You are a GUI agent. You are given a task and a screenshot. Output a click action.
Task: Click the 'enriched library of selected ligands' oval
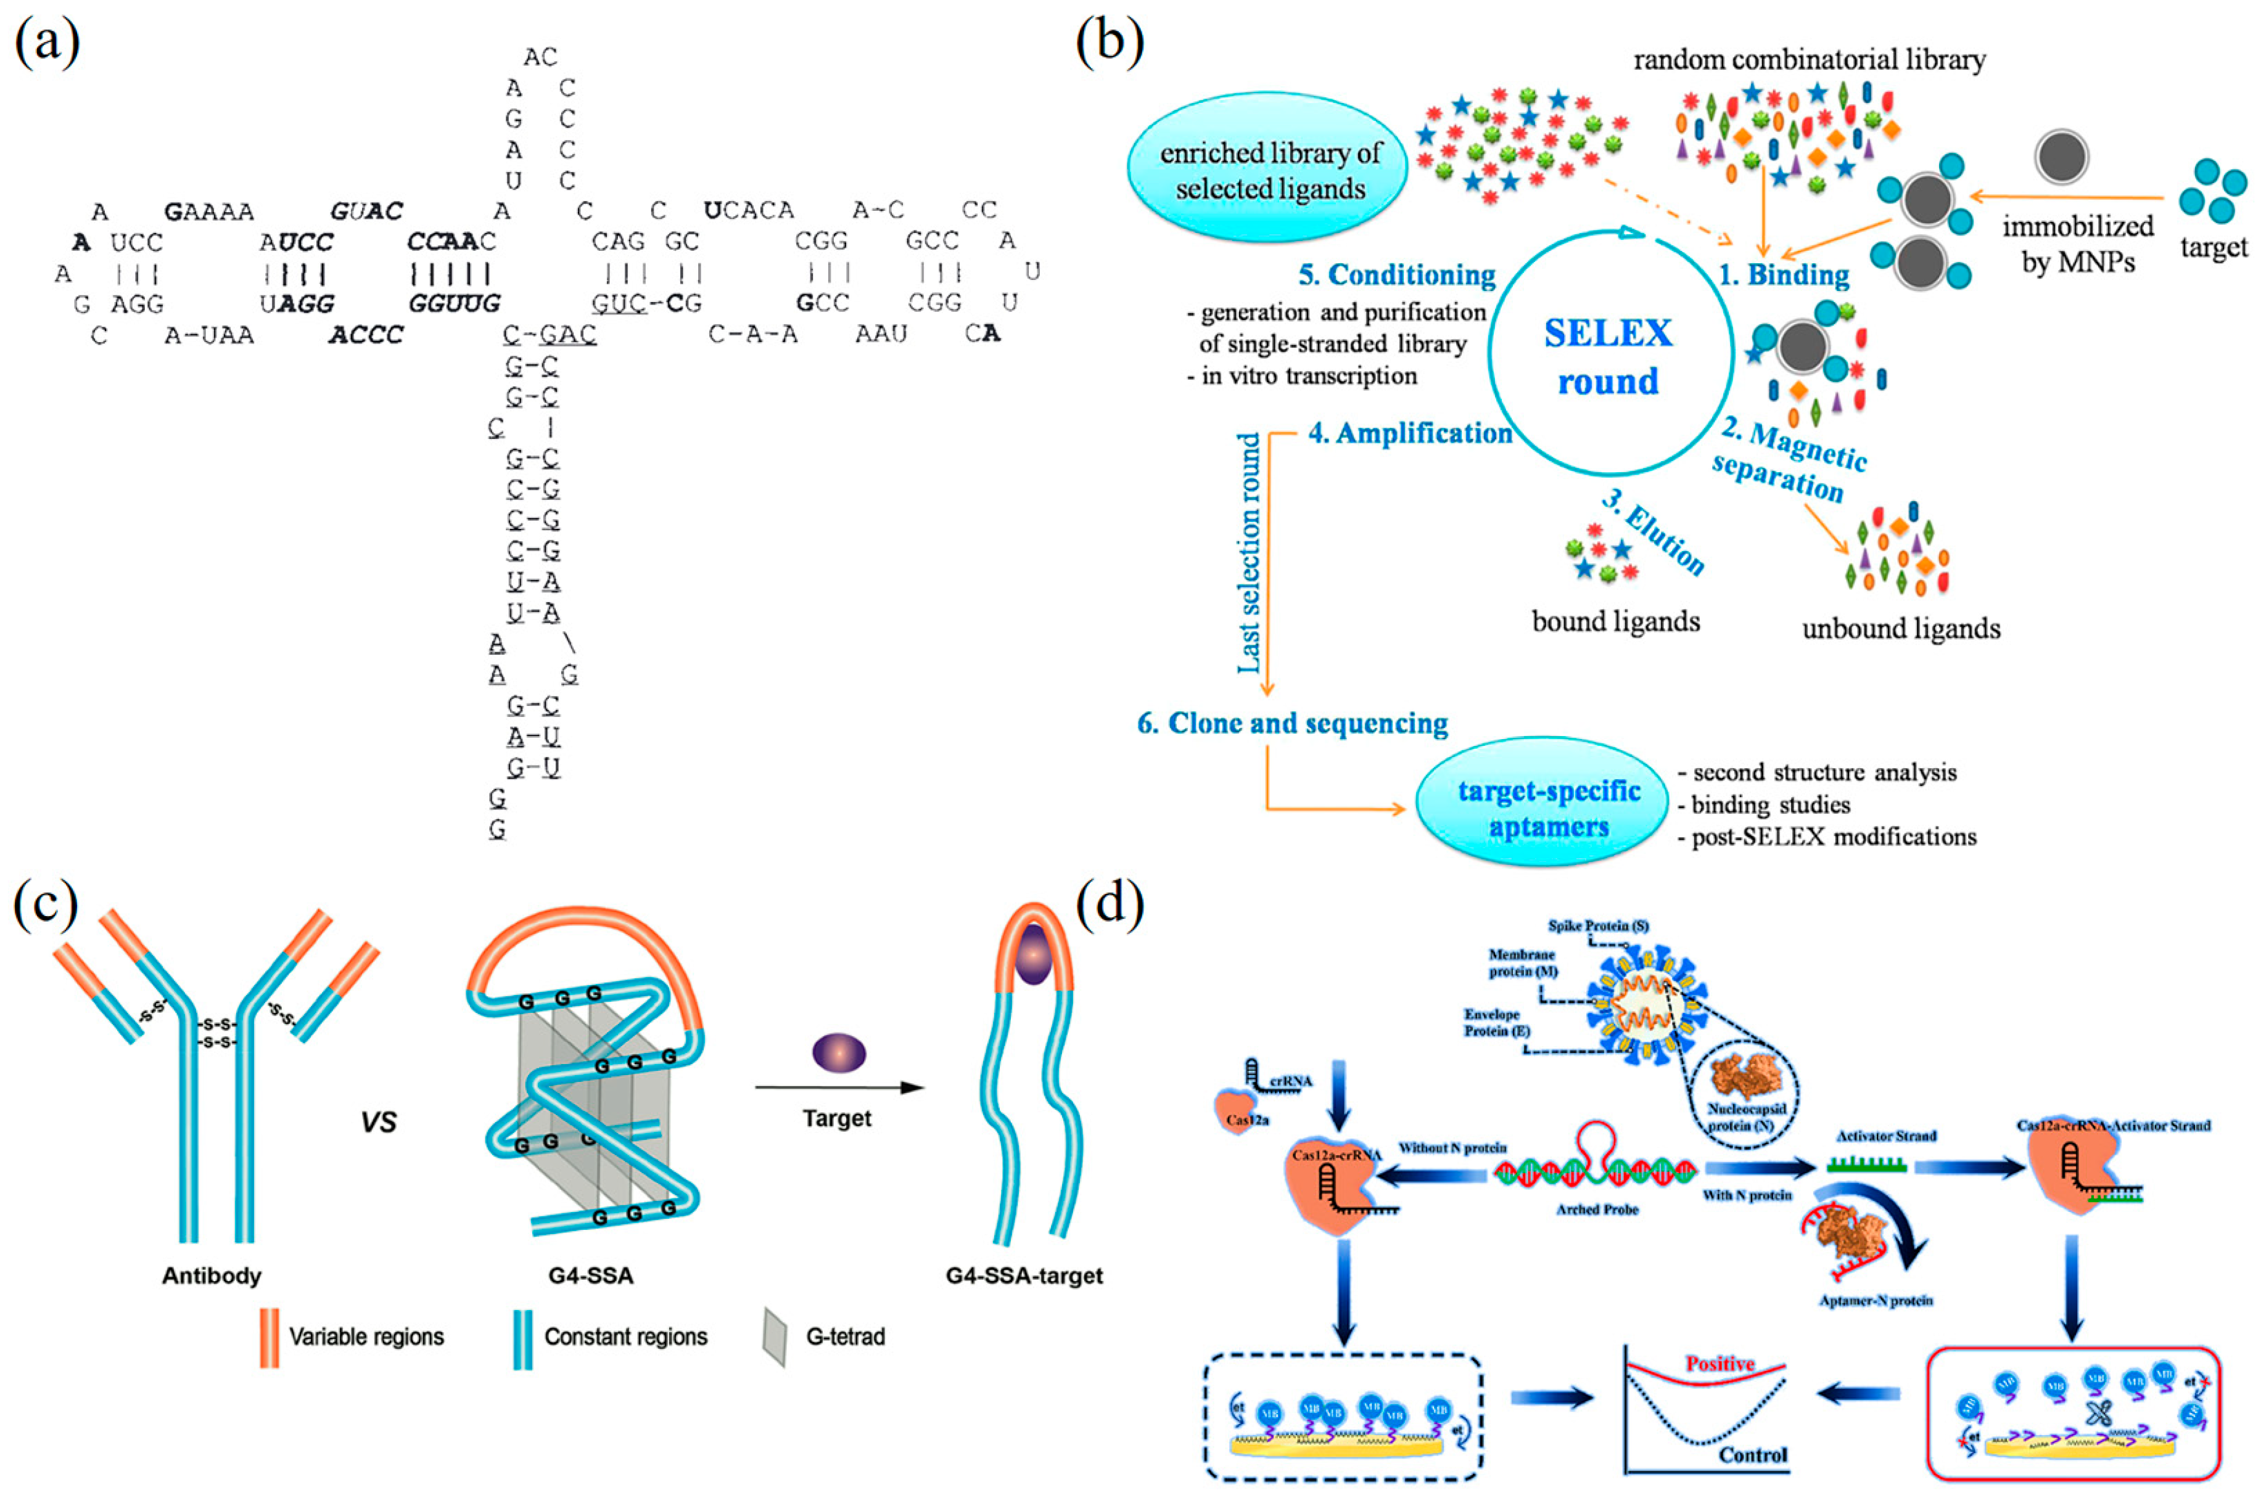click(x=1269, y=171)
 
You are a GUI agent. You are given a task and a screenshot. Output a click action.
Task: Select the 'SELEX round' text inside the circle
click(x=1608, y=356)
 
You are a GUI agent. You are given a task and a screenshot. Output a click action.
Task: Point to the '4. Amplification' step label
click(x=1409, y=434)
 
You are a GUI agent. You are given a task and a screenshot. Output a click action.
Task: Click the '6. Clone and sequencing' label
click(x=1292, y=723)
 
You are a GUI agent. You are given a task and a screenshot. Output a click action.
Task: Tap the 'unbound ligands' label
click(x=1901, y=629)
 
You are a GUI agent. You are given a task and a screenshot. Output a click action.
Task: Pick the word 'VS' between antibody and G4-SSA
click(x=379, y=1121)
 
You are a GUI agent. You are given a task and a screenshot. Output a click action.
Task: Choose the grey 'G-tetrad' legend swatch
click(x=774, y=1336)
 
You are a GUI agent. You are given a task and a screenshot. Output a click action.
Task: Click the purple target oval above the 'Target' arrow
click(x=838, y=1055)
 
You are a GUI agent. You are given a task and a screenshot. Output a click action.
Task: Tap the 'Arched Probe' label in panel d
click(x=1597, y=1209)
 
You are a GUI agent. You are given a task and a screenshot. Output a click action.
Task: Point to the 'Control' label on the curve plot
click(x=1753, y=1455)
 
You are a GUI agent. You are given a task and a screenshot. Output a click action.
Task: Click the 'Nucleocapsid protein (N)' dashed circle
click(x=1745, y=1091)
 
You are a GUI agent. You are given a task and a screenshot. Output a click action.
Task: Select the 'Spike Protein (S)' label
click(x=1598, y=926)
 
